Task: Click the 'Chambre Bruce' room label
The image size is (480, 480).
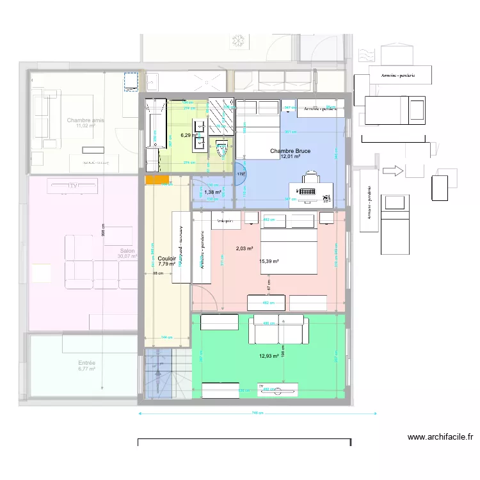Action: tap(290, 151)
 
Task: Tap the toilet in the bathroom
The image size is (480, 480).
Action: tap(222, 148)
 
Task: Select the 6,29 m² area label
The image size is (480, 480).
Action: tap(189, 135)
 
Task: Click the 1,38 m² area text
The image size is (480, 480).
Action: tap(212, 192)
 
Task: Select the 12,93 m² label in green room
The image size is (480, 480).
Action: tap(269, 356)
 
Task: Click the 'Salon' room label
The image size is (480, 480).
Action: tap(127, 250)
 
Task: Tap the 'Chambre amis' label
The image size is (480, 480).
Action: tap(85, 120)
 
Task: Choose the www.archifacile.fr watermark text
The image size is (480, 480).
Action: tap(440, 438)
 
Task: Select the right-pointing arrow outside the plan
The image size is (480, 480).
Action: tap(396, 171)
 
